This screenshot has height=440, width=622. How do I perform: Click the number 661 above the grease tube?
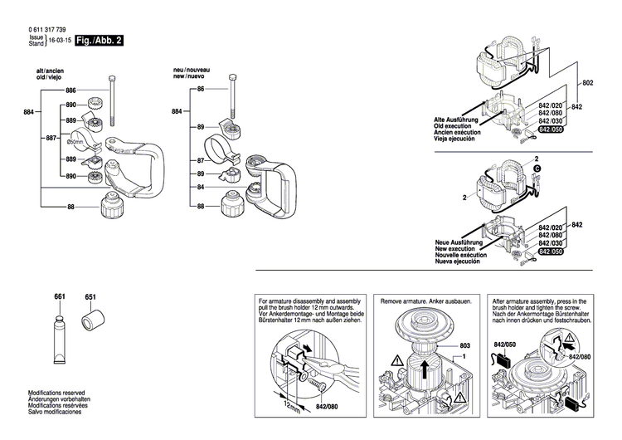pos(60,296)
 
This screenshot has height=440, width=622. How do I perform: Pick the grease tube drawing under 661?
pos(60,334)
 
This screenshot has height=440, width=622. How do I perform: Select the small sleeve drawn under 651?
pos(90,319)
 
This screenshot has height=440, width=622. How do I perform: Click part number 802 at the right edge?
pos(588,84)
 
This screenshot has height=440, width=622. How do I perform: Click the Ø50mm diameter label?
pos(72,142)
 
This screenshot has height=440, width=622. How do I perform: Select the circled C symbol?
pos(537,168)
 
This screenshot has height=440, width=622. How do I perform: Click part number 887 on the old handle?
pos(51,138)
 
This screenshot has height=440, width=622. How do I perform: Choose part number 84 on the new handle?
pos(201,188)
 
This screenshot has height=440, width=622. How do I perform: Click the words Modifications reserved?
pos(57,392)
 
